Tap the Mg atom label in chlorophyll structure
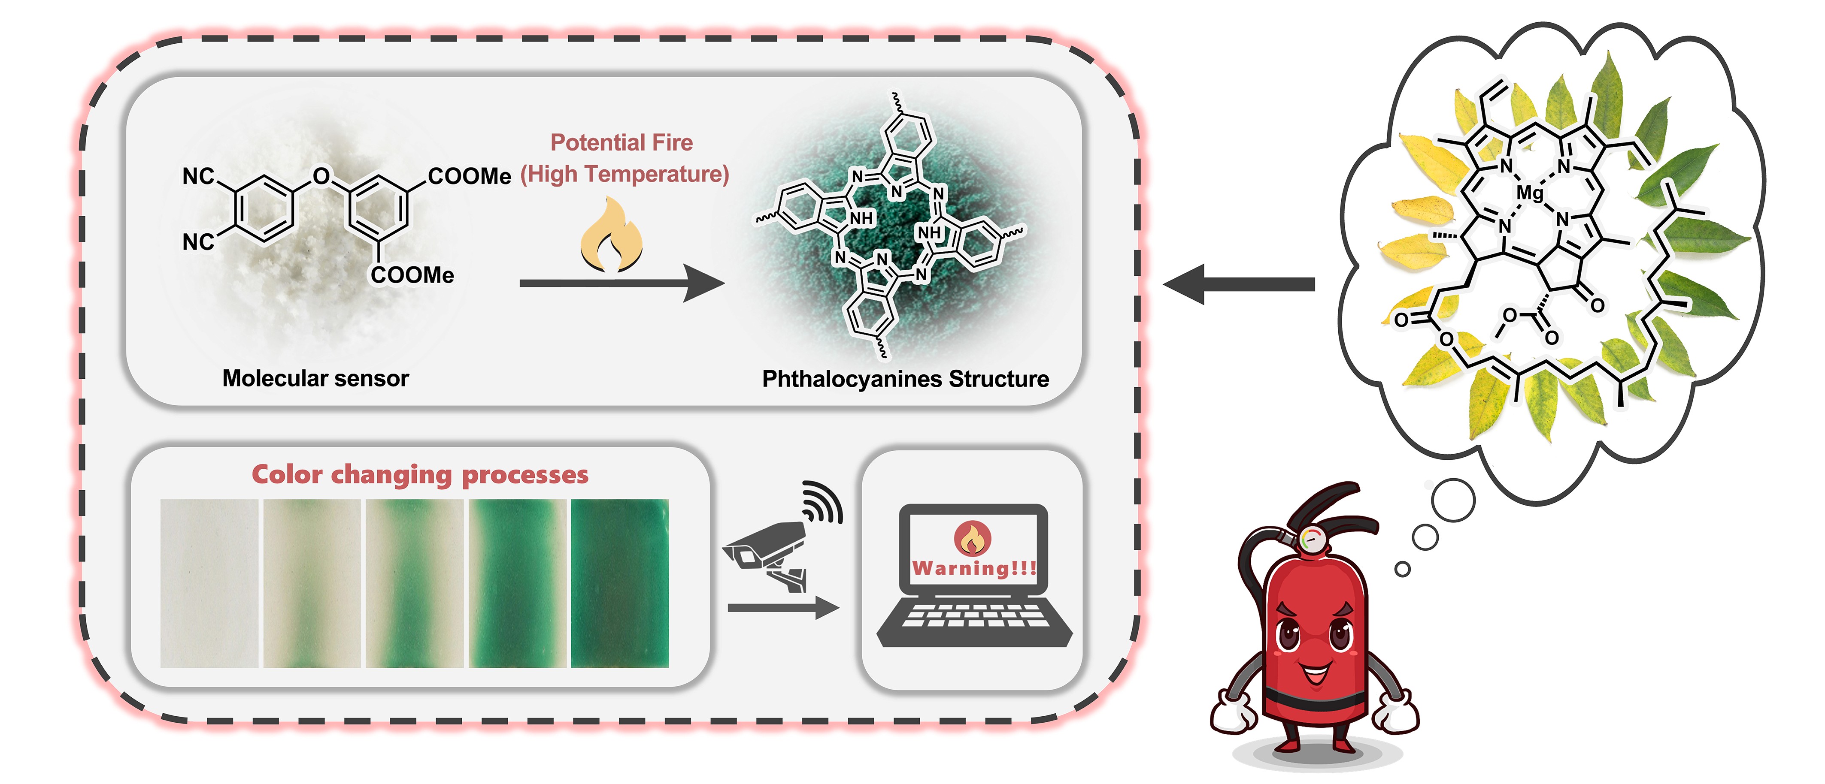point(1529,193)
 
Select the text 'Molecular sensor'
point(315,378)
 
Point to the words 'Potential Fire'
point(621,142)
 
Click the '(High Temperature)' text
point(624,174)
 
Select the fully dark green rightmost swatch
point(620,583)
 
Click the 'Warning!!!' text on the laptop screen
point(973,568)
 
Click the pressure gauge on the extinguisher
point(1313,539)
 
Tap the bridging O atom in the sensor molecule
point(321,176)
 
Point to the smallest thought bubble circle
point(1402,569)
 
